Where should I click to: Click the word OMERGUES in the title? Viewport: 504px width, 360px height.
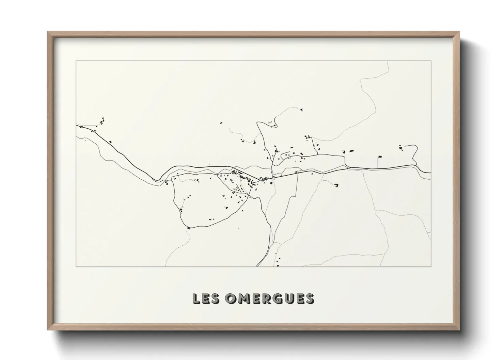269,298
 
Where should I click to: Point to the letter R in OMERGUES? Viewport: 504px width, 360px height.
265,298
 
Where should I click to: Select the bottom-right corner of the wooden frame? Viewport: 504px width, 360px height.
459,329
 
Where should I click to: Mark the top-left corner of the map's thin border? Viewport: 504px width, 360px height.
76,61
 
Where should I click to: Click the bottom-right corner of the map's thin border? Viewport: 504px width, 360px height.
431,266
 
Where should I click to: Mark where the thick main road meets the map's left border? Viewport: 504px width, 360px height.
77,125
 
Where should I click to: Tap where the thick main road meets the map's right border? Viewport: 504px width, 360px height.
431,173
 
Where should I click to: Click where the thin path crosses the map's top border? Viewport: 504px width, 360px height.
388,62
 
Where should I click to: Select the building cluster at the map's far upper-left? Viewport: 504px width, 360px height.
101,121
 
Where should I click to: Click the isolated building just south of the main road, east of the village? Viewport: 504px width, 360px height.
336,185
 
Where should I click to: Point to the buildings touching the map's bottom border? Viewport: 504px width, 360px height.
278,265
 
